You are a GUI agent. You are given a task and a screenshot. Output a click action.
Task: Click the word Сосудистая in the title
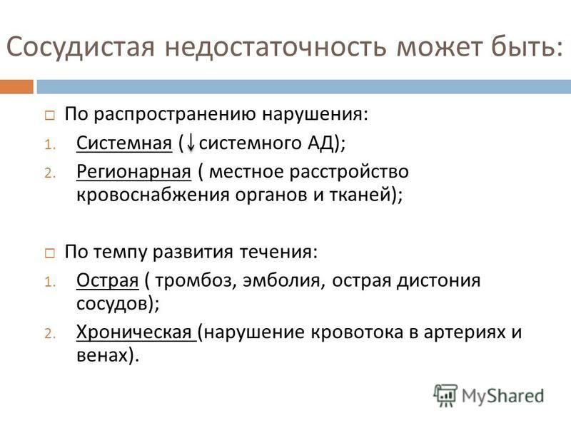81,47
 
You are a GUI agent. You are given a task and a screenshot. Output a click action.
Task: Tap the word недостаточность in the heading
275,47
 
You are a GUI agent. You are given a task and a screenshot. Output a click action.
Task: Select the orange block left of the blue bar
16,86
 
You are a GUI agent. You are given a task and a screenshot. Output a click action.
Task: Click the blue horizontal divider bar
304,86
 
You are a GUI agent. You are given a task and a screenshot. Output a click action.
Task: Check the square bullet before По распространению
50,116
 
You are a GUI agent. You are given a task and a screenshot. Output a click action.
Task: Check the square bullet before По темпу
50,253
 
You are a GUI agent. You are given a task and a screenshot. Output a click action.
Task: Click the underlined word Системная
124,143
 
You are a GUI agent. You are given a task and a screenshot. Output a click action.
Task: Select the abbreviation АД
321,143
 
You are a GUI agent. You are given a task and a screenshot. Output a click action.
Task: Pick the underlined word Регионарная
133,172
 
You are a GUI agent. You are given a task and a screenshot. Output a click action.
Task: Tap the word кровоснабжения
153,195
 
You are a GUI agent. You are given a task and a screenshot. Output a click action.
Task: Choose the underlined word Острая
108,281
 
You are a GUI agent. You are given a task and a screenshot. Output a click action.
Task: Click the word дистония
438,280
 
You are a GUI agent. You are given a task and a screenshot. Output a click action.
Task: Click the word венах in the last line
103,355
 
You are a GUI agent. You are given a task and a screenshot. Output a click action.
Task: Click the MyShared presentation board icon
445,395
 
